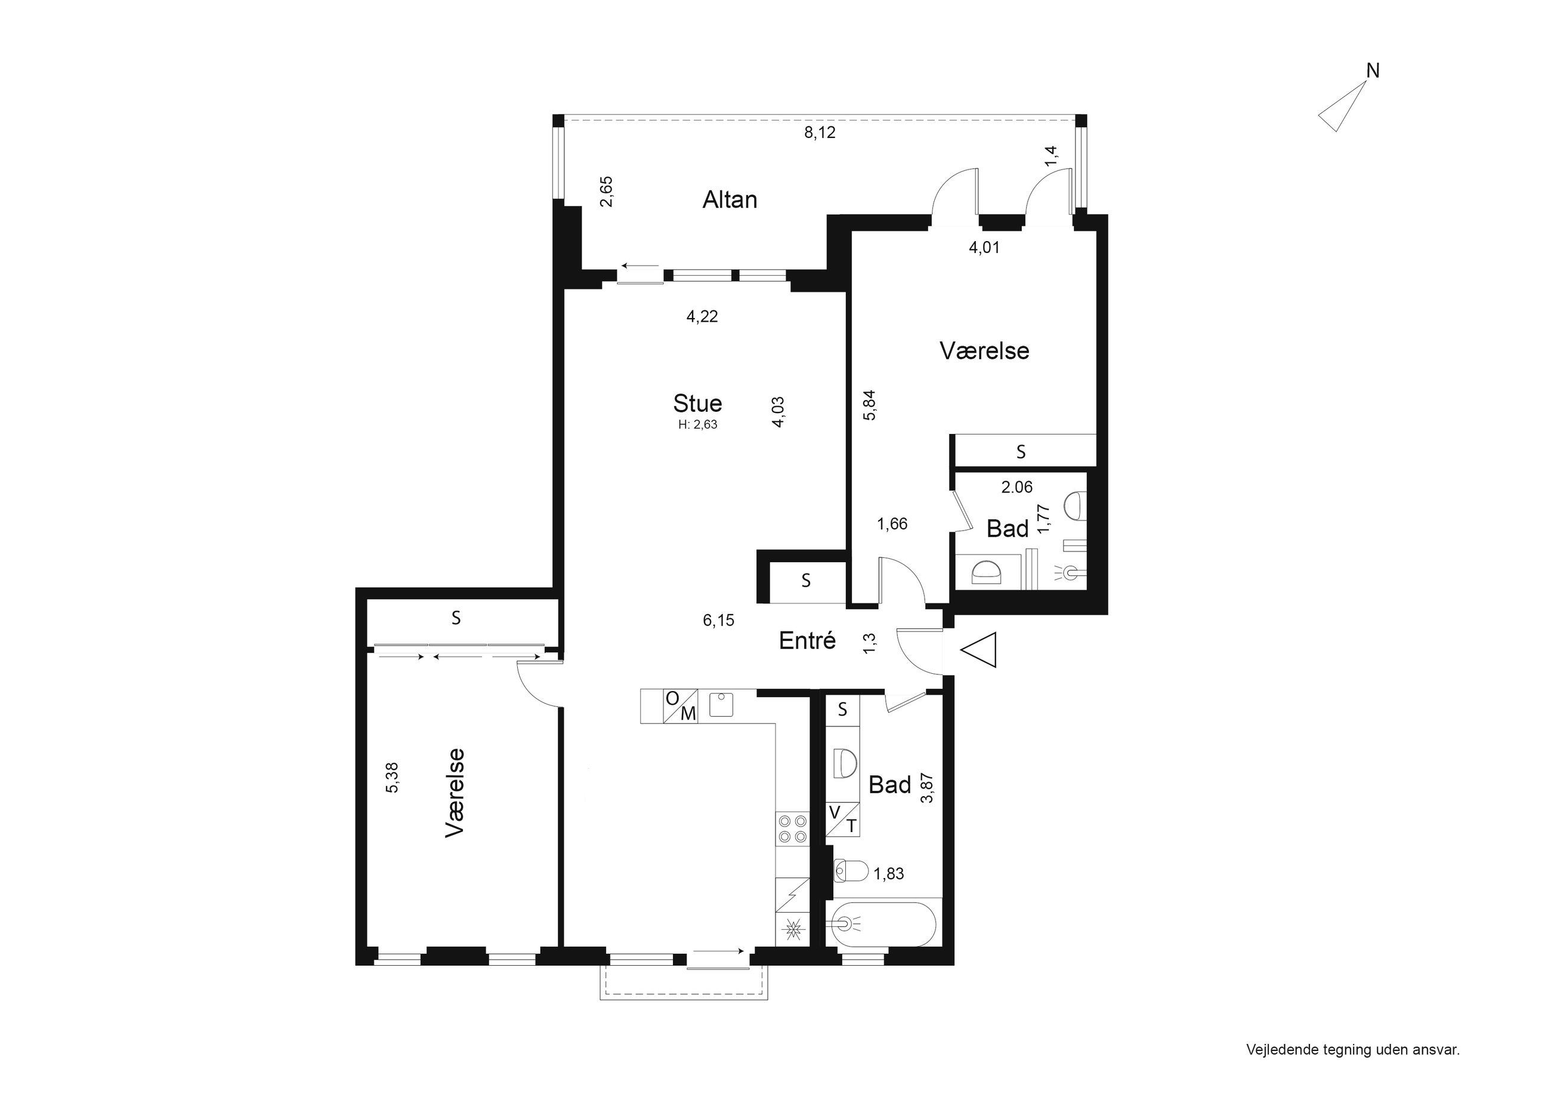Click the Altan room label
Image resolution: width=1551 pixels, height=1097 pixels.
coord(730,199)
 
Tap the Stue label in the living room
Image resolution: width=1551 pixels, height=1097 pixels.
coord(698,403)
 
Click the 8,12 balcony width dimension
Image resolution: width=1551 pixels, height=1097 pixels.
coord(820,132)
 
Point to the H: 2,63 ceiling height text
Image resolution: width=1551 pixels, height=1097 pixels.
coord(698,425)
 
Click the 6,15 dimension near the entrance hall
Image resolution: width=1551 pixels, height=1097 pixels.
coord(719,620)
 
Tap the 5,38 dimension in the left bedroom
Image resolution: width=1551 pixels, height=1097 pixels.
coord(393,777)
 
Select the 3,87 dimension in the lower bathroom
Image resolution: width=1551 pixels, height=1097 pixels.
coord(928,787)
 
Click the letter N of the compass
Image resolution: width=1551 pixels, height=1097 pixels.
coord(1373,70)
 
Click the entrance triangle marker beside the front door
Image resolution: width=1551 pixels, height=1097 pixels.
coord(978,650)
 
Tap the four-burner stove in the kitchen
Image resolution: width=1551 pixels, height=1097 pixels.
coord(792,828)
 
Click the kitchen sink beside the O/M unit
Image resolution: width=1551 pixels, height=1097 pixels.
coord(721,705)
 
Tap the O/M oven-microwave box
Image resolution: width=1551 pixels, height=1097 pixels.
coord(680,706)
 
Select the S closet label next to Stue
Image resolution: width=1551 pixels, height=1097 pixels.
coord(806,580)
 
